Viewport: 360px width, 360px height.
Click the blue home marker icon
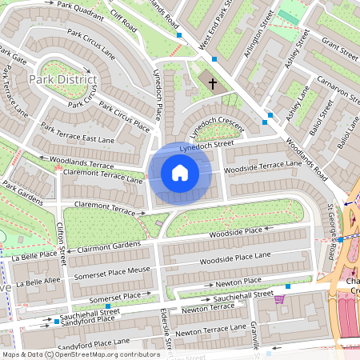[x=180, y=174]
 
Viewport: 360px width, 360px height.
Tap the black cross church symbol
[x=213, y=82]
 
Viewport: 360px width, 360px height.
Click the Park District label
[x=62, y=79]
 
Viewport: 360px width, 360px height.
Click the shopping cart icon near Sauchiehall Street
[x=279, y=299]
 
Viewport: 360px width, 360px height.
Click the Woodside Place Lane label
[x=233, y=261]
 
